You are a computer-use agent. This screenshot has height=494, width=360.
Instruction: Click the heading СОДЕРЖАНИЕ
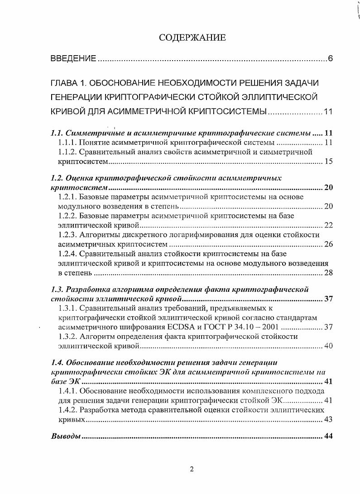click(192, 38)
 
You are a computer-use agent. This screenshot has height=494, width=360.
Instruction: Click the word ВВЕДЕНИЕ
click(72, 59)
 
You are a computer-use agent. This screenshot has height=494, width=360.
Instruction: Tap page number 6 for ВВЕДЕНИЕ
click(331, 59)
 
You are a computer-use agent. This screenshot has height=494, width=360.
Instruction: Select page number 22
click(329, 226)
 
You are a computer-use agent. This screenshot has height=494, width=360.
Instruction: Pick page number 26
click(329, 245)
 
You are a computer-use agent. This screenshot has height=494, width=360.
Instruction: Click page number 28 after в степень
click(329, 273)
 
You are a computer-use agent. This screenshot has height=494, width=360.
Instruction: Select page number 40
click(329, 347)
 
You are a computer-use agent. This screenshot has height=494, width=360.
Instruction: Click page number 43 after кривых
click(329, 419)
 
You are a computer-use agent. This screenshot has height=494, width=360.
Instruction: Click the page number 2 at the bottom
click(192, 469)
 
